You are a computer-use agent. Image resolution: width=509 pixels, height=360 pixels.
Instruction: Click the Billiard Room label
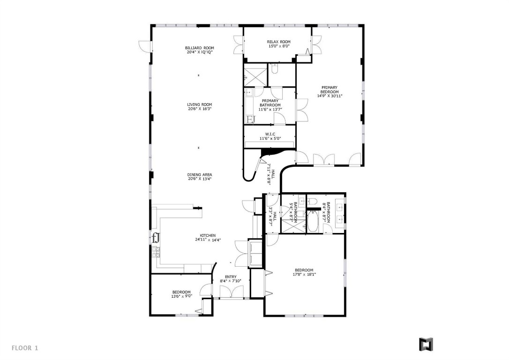[x=200, y=50]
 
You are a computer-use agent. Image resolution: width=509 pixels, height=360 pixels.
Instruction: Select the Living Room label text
[x=200, y=107]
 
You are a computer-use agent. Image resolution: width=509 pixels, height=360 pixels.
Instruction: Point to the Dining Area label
[x=200, y=177]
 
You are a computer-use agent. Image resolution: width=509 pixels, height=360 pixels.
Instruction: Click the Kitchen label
[x=208, y=238]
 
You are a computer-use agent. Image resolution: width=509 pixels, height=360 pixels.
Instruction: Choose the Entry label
[x=231, y=279]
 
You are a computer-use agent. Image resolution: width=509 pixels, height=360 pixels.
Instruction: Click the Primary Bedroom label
[x=329, y=91]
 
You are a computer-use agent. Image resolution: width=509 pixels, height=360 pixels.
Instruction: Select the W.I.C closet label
[x=269, y=136]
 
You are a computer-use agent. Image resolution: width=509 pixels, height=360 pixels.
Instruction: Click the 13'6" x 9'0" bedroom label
[x=181, y=294]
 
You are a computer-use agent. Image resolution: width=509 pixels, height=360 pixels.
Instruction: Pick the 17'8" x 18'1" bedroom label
[x=304, y=272]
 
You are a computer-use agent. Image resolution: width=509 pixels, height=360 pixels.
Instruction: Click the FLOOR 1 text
[x=25, y=348]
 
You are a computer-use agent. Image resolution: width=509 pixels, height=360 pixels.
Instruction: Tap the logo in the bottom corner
[x=426, y=345]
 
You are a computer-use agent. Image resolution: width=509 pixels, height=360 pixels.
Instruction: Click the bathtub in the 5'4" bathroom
[x=313, y=221]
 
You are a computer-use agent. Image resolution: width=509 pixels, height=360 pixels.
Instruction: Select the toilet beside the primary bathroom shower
[x=275, y=69]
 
